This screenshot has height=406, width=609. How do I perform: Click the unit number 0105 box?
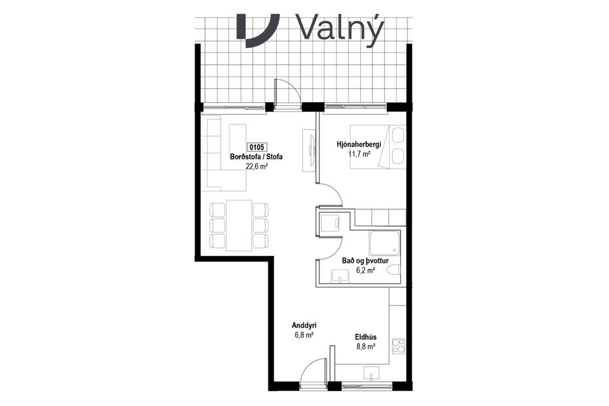(257, 148)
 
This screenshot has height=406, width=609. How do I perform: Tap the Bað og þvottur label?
(361, 261)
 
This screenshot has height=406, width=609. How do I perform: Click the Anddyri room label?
(304, 325)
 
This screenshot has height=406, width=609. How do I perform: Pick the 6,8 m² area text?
(304, 335)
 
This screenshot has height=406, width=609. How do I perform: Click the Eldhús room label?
(365, 337)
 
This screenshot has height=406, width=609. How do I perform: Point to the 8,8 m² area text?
(365, 347)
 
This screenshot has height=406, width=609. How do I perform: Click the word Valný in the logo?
(339, 28)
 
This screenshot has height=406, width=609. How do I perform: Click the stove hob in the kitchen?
(398, 346)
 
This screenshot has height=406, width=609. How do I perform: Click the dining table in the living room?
(239, 225)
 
